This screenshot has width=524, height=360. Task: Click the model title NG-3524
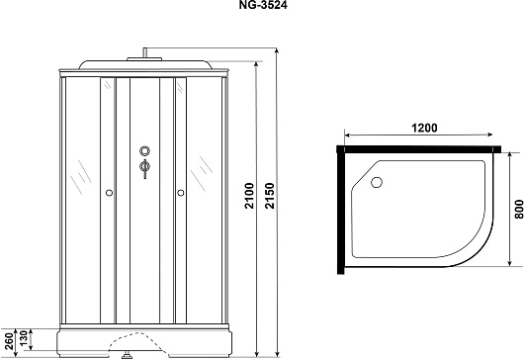point(263,5)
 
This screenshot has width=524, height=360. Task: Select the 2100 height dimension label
point(249,196)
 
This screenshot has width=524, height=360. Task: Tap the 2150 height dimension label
point(269,196)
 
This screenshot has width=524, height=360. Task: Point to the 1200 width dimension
point(424,128)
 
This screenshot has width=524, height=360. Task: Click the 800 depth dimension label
point(519,210)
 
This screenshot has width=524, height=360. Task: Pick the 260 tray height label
point(9,340)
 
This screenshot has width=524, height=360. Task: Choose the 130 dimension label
point(24,339)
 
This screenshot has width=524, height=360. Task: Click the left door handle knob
point(109,193)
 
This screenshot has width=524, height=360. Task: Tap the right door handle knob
point(181,193)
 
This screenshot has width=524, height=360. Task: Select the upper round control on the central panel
point(144,150)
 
